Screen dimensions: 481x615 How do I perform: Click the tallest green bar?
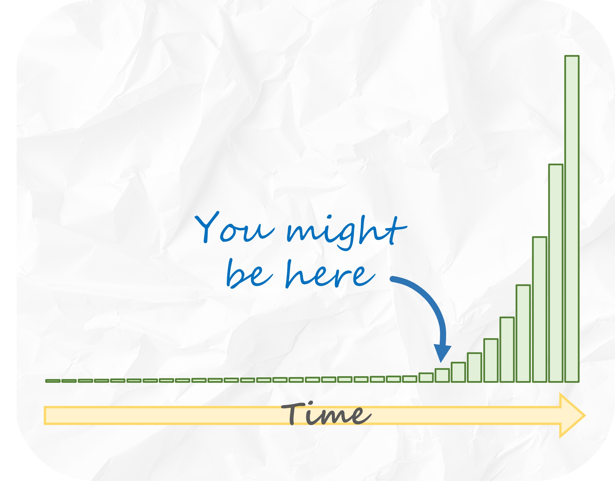(x=572, y=219)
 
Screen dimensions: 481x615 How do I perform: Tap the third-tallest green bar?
(x=539, y=309)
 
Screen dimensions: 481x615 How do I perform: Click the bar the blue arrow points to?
(x=442, y=375)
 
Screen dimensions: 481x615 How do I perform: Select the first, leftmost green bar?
(x=53, y=381)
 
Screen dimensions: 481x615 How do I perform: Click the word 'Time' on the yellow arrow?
(x=326, y=413)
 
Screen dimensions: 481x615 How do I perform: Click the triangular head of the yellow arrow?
(x=571, y=415)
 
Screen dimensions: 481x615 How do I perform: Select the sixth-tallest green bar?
(x=491, y=360)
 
